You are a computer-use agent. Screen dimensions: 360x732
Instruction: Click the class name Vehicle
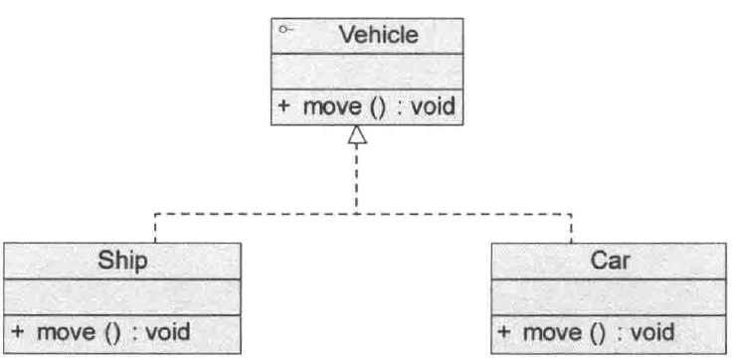[x=379, y=36]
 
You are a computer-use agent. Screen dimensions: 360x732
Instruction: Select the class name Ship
[x=122, y=262]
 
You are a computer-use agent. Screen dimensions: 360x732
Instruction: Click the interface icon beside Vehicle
[x=285, y=30]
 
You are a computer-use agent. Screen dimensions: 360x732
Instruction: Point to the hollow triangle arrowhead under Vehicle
[x=357, y=140]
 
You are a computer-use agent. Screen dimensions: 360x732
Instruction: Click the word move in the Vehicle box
[x=332, y=105]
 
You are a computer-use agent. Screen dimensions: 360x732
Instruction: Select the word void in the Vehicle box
[x=431, y=105]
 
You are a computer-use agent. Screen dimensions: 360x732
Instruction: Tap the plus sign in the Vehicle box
[x=282, y=105]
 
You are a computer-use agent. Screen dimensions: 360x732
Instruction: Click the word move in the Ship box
[x=66, y=331]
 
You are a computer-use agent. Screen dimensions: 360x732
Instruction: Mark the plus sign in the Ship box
[x=17, y=331]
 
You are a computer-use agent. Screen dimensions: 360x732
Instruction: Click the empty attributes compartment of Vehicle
[x=367, y=72]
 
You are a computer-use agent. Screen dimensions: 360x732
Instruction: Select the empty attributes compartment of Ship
[x=121, y=296]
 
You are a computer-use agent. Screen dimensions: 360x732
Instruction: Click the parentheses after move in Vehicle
[x=377, y=105]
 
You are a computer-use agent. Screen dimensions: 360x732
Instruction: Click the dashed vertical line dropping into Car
[x=572, y=229]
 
